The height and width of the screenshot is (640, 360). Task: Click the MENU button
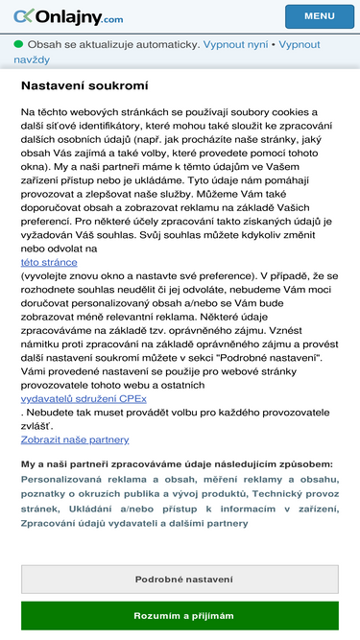pyautogui.click(x=319, y=16)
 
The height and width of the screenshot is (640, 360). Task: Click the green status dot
pyautogui.click(x=18, y=44)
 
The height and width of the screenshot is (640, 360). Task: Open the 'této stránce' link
pyautogui.click(x=49, y=262)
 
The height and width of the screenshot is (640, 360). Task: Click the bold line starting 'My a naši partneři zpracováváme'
pyautogui.click(x=177, y=464)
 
